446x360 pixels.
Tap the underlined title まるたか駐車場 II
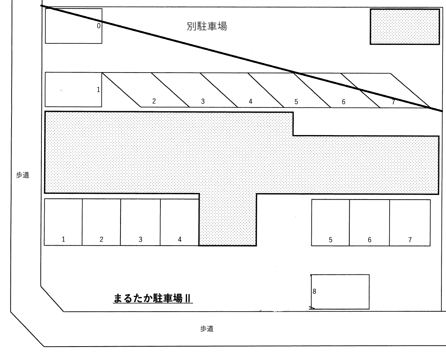(153, 298)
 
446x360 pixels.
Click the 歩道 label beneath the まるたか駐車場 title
(206, 329)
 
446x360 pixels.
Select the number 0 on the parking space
(99, 26)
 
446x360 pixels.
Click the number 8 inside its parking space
(314, 291)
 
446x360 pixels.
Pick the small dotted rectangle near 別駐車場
(405, 27)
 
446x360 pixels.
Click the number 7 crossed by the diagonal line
(393, 101)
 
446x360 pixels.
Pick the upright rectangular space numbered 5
(330, 222)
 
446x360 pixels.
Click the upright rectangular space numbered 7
(410, 222)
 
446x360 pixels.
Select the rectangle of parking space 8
(340, 291)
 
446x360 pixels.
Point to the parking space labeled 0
(73, 26)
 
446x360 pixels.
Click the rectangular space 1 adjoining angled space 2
(73, 89)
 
